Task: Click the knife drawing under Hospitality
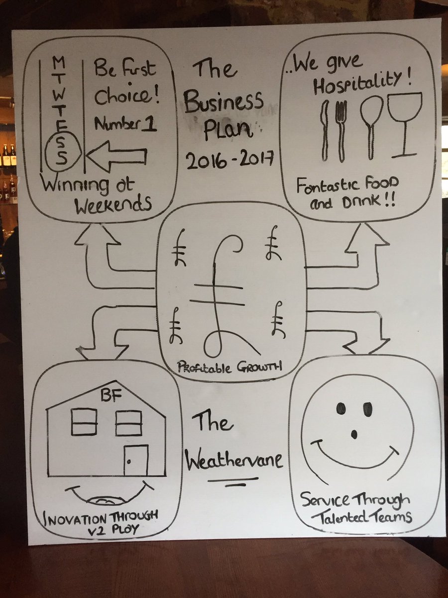pyautogui.click(x=325, y=130)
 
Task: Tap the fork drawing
pyautogui.click(x=341, y=130)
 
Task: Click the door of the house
pyautogui.click(x=135, y=460)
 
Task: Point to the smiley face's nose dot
pyautogui.click(x=354, y=434)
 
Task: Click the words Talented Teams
pyautogui.click(x=362, y=517)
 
